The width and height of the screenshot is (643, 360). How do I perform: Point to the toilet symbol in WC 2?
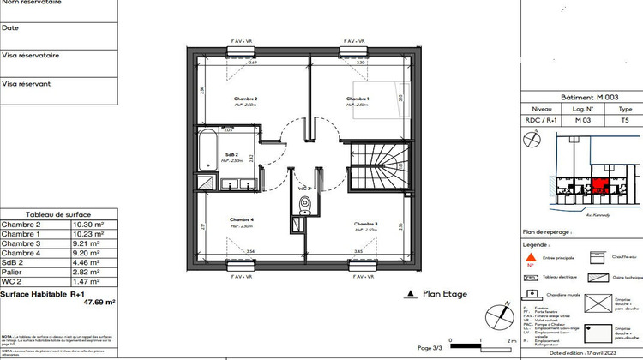[x=304, y=204]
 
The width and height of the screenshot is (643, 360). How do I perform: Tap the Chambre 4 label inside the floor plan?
[x=241, y=221]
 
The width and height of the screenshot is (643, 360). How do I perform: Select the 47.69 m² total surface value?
[x=99, y=302]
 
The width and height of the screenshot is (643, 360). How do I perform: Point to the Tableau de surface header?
[x=58, y=214]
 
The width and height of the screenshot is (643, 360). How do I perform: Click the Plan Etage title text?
[x=445, y=294]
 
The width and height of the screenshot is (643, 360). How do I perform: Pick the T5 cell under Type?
[x=625, y=121]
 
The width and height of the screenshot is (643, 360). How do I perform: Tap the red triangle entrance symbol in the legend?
[x=531, y=256]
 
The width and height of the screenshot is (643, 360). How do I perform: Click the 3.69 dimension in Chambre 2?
[x=229, y=63]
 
